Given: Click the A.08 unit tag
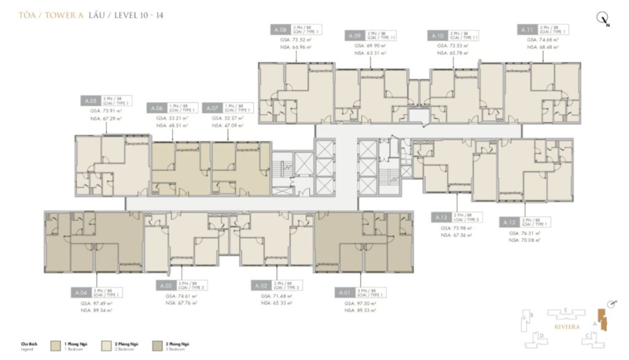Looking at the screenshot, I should coord(280,29).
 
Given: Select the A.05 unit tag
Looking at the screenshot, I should coord(90,100).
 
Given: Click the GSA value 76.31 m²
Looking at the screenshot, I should coord(523,233).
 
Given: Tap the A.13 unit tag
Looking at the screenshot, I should coord(440,217).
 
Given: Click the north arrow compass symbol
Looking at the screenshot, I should coord(603,20).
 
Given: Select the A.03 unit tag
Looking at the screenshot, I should coord(165,286).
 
